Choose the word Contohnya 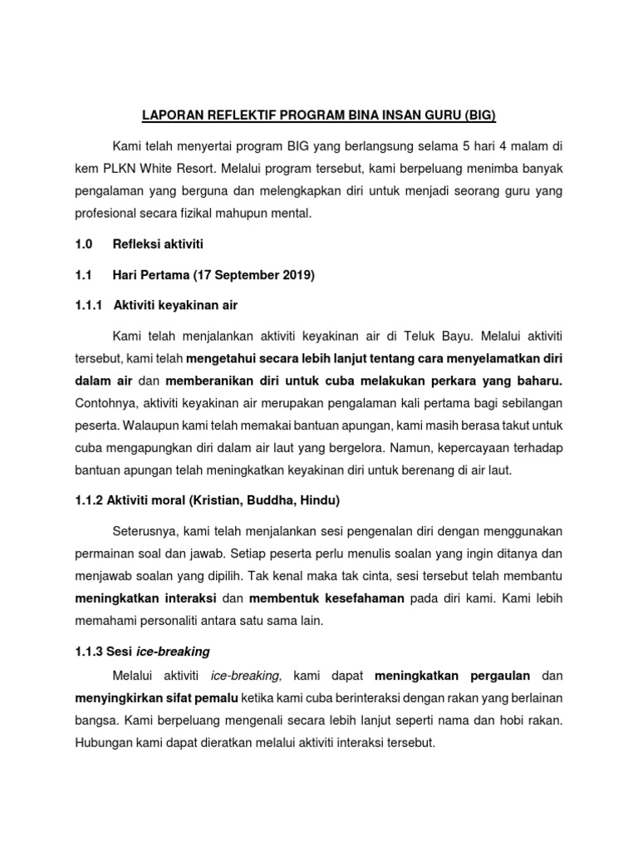coord(104,404)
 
